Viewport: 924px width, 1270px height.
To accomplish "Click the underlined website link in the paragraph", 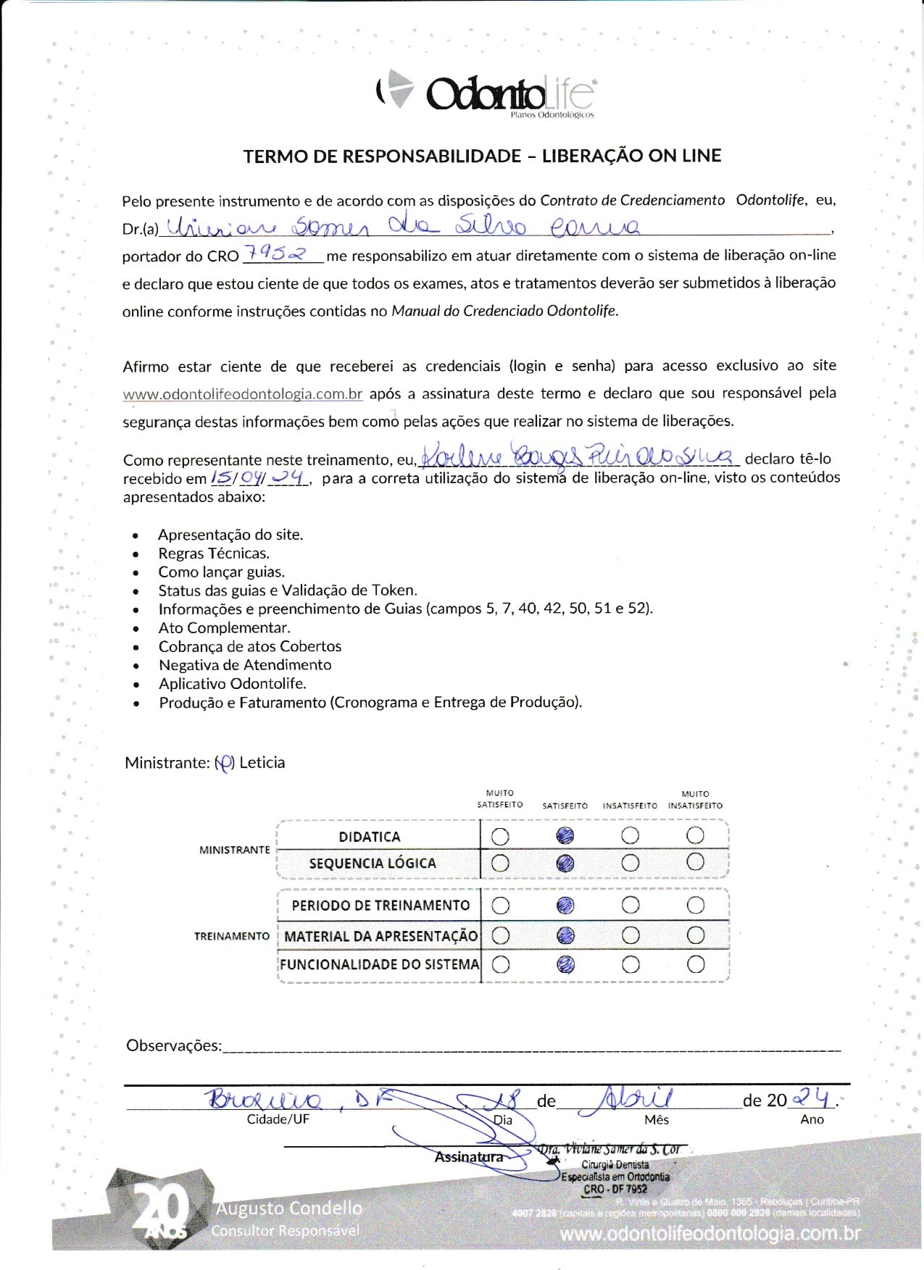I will [242, 394].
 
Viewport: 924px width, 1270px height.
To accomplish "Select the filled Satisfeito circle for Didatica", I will [565, 836].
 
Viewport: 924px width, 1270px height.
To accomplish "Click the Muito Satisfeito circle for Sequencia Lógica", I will [500, 863].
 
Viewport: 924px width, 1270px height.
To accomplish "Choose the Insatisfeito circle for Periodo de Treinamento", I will [630, 905].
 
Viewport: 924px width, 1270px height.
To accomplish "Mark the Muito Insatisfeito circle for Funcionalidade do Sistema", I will [695, 964].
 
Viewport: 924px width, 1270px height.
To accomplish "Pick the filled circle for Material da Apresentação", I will [565, 935].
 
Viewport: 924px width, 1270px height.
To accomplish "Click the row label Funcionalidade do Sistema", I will [379, 964].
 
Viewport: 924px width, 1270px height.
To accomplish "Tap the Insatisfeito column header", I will [630, 806].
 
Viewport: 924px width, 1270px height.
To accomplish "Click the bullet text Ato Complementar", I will [224, 627].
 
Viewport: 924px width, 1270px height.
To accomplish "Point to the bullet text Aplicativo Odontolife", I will [232, 683].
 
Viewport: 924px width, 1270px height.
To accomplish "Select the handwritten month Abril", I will [635, 1098].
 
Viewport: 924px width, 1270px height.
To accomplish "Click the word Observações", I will [173, 1045].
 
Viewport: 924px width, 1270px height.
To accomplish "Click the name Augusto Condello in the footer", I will [288, 1208].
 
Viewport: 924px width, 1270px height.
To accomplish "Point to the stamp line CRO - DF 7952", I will [615, 1189].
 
